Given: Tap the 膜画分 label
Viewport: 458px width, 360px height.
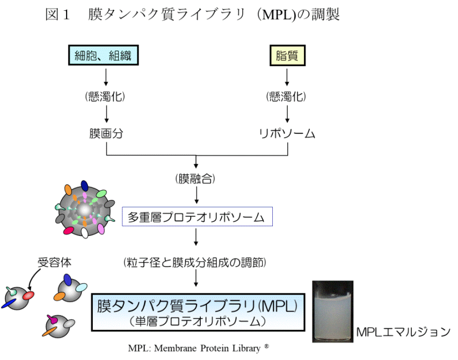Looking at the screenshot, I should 106,134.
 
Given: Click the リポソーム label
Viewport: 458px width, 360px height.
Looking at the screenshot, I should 287,134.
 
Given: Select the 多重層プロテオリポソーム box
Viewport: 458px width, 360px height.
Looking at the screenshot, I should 196,217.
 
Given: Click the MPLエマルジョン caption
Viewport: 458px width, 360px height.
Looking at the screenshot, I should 403,332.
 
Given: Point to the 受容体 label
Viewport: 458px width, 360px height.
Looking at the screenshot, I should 54,262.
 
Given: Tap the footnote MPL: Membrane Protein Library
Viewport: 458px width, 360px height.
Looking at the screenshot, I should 198,348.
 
